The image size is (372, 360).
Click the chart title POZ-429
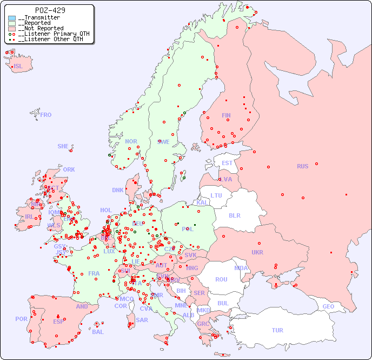pyautogui.click(x=50, y=10)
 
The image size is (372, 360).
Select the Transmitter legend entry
pyautogui.click(x=41, y=17)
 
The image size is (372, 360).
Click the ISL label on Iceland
pyautogui.click(x=18, y=67)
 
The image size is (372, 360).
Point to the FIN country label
pyautogui.click(x=226, y=115)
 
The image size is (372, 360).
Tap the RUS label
pyautogui.click(x=302, y=166)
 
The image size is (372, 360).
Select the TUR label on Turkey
pyautogui.click(x=277, y=330)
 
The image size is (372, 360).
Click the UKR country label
pyautogui.click(x=257, y=252)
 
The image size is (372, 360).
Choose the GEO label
pyautogui.click(x=328, y=306)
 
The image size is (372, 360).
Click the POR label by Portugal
pyautogui.click(x=21, y=319)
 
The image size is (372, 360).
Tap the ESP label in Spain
pyautogui.click(x=58, y=321)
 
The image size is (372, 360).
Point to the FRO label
pyautogui.click(x=45, y=115)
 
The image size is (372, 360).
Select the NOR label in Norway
pyautogui.click(x=131, y=141)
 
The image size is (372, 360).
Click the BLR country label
pyautogui.click(x=234, y=215)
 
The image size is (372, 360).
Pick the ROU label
pyautogui.click(x=221, y=279)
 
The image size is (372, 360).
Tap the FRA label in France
pyautogui.click(x=94, y=273)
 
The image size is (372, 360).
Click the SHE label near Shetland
pyautogui.click(x=63, y=146)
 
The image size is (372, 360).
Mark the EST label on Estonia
pyautogui.click(x=227, y=163)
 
